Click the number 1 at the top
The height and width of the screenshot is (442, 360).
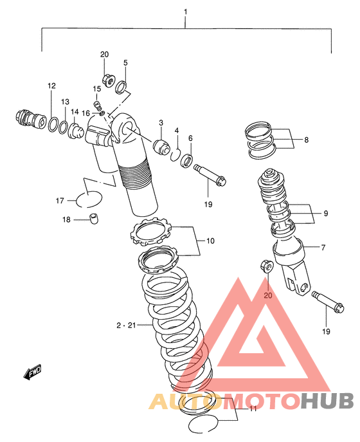pyautogui.click(x=185, y=12)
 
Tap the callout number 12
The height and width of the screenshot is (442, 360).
pyautogui.click(x=51, y=86)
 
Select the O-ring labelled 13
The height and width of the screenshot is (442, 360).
pyautogui.click(x=64, y=127)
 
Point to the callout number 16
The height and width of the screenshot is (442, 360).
pyautogui.click(x=85, y=113)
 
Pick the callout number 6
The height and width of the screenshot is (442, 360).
pyautogui.click(x=190, y=138)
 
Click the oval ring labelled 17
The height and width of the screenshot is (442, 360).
pyautogui.click(x=89, y=199)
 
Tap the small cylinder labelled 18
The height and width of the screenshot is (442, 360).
pyautogui.click(x=94, y=219)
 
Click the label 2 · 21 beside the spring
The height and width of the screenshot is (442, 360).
pyautogui.click(x=126, y=326)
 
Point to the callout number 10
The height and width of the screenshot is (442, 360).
pyautogui.click(x=210, y=241)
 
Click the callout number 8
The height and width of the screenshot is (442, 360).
pyautogui.click(x=306, y=140)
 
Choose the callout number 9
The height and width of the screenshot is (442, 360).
pyautogui.click(x=326, y=214)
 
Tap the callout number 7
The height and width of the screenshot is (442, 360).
pyautogui.click(x=323, y=248)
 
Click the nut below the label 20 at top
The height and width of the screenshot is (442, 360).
pyautogui.click(x=107, y=80)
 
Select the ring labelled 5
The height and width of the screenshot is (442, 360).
pyautogui.click(x=121, y=87)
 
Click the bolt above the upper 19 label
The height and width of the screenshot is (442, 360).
pyautogui.click(x=210, y=175)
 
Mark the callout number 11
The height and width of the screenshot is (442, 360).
pyautogui.click(x=253, y=409)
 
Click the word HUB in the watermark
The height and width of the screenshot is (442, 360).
pyautogui.click(x=327, y=401)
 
